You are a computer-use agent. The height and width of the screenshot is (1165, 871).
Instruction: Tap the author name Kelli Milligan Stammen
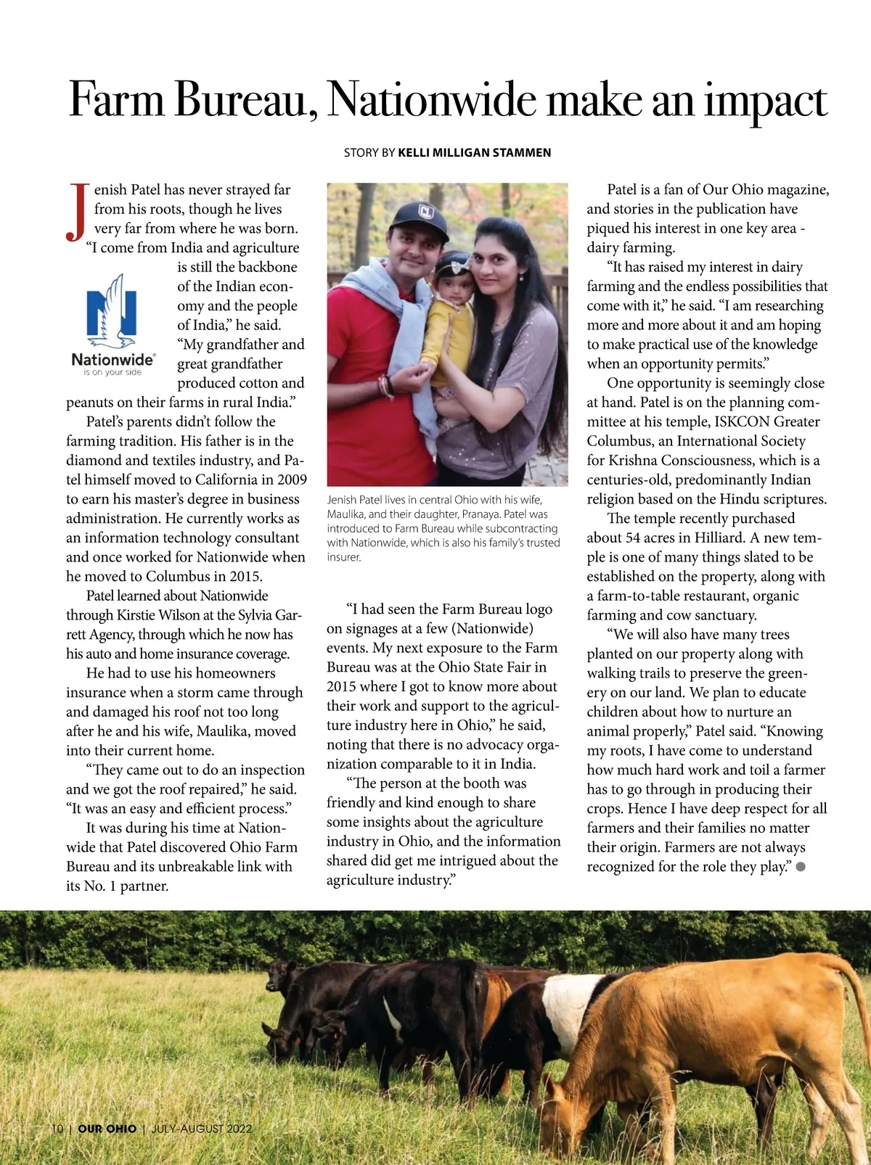pyautogui.click(x=475, y=152)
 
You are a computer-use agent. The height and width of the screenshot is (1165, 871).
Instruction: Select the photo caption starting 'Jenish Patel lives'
pyautogui.click(x=443, y=528)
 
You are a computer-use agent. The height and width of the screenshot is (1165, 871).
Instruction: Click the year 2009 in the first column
pyautogui.click(x=291, y=479)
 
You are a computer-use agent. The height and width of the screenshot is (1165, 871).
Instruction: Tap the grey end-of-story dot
pyautogui.click(x=801, y=866)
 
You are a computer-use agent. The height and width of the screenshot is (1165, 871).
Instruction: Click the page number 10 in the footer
pyautogui.click(x=57, y=1129)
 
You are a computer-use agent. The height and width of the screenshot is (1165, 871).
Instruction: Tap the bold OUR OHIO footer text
pyautogui.click(x=107, y=1129)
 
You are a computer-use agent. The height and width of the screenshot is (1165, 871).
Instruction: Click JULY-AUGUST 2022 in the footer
pyautogui.click(x=201, y=1129)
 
